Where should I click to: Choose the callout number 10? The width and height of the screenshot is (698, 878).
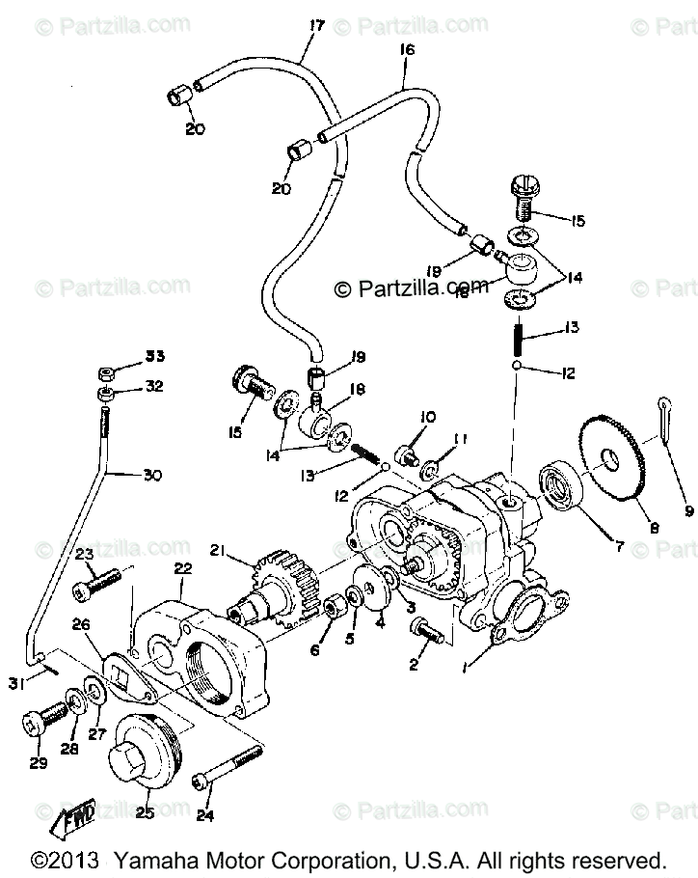point(428,417)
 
